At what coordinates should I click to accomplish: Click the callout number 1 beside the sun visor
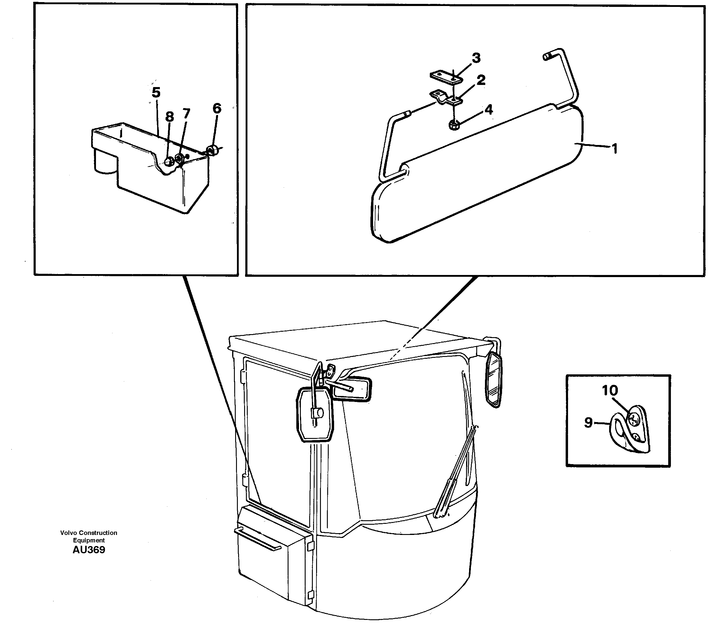click(615, 149)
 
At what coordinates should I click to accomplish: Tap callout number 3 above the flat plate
click(476, 58)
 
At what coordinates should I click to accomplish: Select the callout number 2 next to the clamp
click(481, 80)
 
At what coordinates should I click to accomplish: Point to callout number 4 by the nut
click(489, 110)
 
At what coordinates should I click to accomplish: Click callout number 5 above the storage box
click(156, 93)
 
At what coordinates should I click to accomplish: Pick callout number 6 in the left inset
click(217, 108)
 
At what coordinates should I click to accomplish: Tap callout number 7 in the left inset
click(187, 113)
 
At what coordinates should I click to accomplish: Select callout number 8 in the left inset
click(169, 117)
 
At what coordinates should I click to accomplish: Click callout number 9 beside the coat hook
click(588, 423)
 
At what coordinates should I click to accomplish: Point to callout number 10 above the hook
click(610, 390)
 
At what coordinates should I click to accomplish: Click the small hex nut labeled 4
click(454, 125)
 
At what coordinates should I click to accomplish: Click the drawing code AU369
click(89, 550)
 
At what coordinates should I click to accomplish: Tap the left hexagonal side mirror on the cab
click(315, 415)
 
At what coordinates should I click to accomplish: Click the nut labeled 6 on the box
click(211, 150)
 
